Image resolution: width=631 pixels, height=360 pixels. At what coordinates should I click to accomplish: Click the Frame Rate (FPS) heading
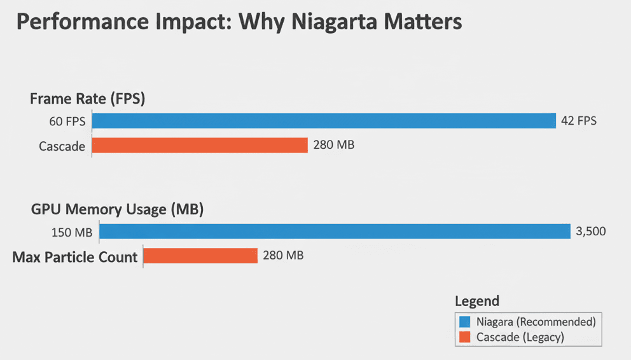(x=88, y=99)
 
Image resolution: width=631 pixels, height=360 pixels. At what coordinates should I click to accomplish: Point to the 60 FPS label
(x=67, y=121)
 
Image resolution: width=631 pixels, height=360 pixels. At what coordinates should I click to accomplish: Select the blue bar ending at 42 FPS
(x=324, y=121)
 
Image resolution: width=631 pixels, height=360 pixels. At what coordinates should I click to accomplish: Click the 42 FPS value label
(x=579, y=121)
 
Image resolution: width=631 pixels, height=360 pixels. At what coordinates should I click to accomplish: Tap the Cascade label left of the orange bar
(x=62, y=146)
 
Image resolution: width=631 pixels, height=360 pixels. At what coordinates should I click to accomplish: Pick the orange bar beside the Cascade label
(x=200, y=146)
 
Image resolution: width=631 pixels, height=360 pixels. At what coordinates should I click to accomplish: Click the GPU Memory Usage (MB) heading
(x=117, y=209)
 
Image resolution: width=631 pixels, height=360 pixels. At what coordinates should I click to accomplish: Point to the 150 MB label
(x=71, y=232)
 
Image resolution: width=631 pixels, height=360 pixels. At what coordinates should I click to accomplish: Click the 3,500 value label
(x=591, y=232)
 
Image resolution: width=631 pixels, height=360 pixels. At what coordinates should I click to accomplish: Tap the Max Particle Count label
(x=75, y=257)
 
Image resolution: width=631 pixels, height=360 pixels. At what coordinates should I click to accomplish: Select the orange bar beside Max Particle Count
(x=200, y=256)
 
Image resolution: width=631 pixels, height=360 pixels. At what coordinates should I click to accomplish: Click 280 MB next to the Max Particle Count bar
(x=283, y=256)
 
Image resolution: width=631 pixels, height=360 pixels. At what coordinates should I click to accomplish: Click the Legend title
(x=477, y=301)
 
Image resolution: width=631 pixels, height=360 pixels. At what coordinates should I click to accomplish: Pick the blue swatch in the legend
(x=464, y=321)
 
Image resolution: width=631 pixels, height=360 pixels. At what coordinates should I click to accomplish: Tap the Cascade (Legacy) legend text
(x=520, y=337)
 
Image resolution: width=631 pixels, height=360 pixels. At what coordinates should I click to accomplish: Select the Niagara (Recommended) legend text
(x=536, y=321)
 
